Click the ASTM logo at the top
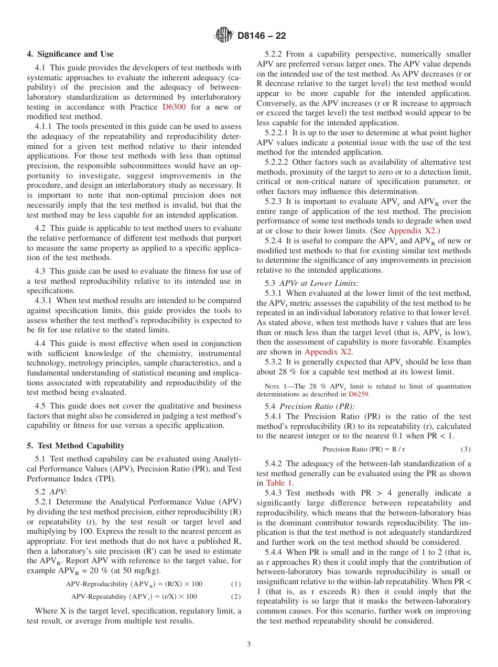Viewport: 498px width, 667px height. [x=224, y=36]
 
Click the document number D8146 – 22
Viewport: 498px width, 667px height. [x=262, y=36]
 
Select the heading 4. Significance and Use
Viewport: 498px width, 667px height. [x=70, y=54]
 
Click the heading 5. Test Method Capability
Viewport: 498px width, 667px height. [x=75, y=446]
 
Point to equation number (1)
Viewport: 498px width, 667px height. [x=236, y=584]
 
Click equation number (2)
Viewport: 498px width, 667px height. [x=236, y=596]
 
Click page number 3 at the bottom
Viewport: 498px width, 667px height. [x=249, y=644]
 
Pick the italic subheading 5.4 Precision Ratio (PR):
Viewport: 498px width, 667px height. [x=302, y=406]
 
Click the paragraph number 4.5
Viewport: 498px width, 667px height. [x=40, y=406]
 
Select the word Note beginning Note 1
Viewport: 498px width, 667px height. [x=273, y=386]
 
